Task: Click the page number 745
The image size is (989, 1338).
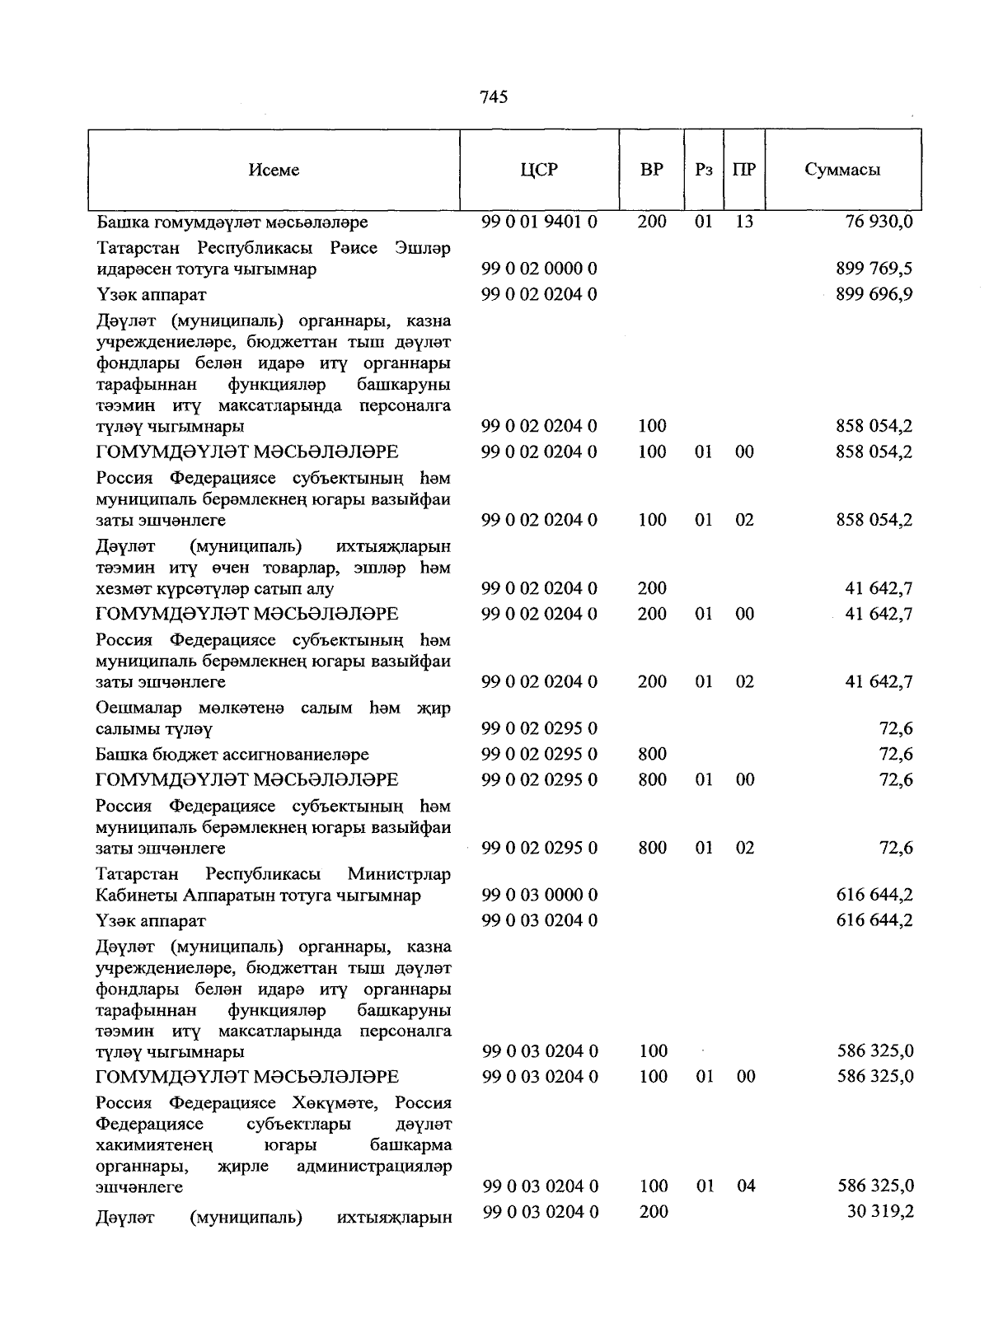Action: (493, 97)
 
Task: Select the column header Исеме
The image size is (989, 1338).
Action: (273, 170)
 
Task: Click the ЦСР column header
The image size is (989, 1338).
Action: (539, 170)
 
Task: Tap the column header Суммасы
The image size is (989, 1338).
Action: (842, 170)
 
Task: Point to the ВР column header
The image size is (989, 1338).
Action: (651, 170)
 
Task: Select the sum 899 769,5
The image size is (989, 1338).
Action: (874, 269)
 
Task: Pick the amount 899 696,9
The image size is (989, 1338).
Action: (874, 294)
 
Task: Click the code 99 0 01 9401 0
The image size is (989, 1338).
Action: (539, 222)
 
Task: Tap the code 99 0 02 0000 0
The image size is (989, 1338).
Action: (539, 269)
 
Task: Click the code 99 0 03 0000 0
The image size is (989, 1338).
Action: (539, 895)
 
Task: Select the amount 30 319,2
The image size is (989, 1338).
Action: (879, 1212)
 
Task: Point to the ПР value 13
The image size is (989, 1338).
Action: (744, 222)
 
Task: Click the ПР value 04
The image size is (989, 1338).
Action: (744, 1186)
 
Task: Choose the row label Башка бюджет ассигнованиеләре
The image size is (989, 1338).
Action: (232, 755)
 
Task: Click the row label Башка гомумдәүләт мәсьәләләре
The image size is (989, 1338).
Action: (232, 222)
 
